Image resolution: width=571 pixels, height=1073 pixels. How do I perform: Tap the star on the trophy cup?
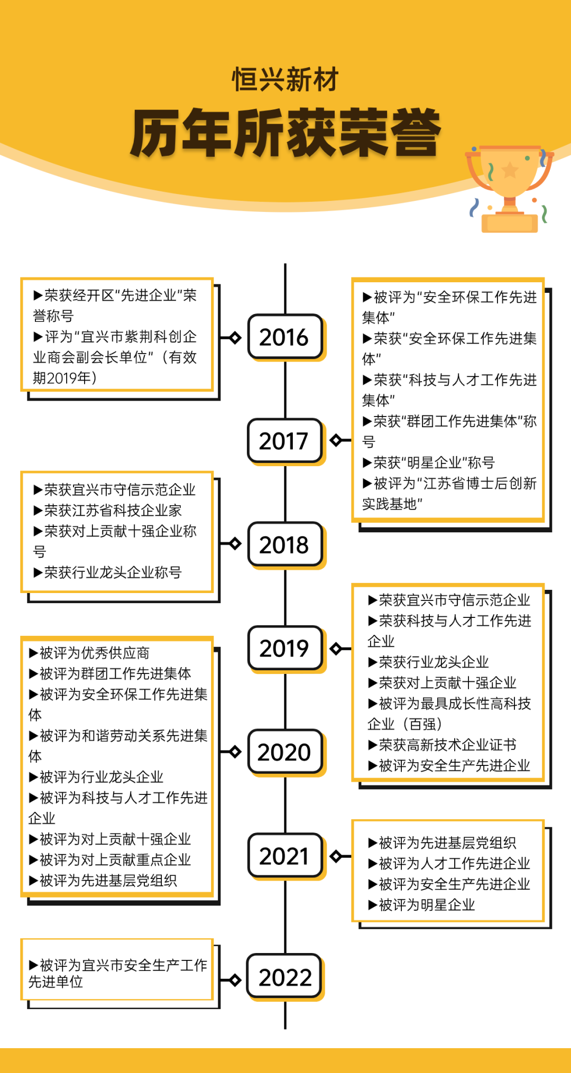[510, 170]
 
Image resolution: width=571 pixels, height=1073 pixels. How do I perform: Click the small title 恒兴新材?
[285, 79]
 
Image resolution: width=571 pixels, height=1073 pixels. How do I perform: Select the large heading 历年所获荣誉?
[285, 133]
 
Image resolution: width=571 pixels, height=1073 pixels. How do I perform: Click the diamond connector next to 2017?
[336, 440]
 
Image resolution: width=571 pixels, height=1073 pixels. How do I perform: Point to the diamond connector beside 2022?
[235, 980]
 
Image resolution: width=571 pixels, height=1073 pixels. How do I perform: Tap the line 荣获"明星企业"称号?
[429, 462]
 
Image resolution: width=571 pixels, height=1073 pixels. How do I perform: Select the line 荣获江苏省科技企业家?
[108, 510]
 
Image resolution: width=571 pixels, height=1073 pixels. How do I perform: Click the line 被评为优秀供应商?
[89, 653]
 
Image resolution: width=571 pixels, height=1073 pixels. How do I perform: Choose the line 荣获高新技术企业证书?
[442, 745]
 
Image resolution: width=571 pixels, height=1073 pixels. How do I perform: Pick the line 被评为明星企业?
[421, 905]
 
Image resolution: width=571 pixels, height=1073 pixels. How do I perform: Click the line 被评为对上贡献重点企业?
[110, 859]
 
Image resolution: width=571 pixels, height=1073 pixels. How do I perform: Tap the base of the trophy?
[510, 223]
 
